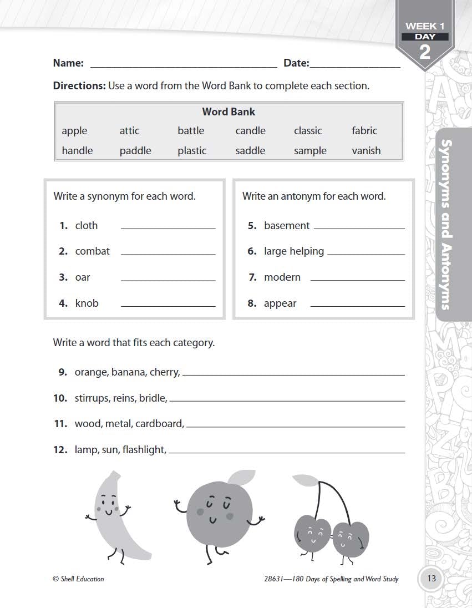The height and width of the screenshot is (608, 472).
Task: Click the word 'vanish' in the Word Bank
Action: click(x=366, y=150)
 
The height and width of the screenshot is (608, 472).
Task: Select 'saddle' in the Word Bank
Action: click(x=250, y=150)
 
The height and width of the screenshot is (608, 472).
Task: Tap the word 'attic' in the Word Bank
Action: click(x=129, y=131)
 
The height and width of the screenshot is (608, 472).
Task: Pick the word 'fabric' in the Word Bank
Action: click(x=364, y=131)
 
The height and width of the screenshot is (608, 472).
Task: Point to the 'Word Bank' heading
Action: click(x=229, y=112)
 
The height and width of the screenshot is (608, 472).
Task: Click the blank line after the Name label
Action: click(x=183, y=65)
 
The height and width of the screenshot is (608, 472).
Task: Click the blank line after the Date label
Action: click(x=355, y=65)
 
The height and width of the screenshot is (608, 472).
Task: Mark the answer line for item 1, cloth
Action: click(x=168, y=227)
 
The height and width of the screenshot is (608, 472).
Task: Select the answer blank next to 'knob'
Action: click(x=168, y=305)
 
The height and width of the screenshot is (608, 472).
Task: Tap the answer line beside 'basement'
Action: click(x=359, y=227)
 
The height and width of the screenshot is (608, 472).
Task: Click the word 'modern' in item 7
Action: click(x=282, y=277)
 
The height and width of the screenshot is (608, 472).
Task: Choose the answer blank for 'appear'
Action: click(x=357, y=305)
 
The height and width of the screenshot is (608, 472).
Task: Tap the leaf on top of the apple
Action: click(x=240, y=478)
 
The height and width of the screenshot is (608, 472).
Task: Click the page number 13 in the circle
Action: click(x=432, y=579)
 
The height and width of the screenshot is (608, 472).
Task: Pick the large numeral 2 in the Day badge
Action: click(x=425, y=52)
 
